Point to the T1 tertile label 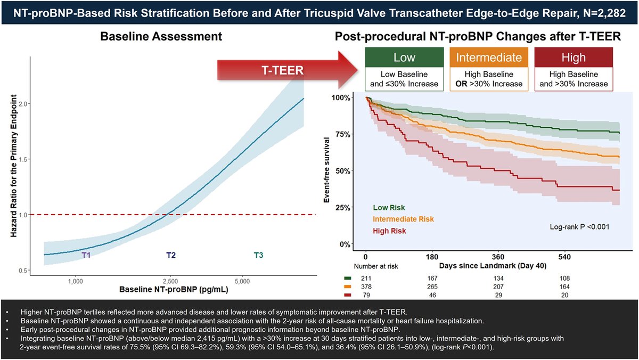click(87, 255)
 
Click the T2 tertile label click(170, 255)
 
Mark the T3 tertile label click(258, 255)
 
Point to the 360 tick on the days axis click(498, 257)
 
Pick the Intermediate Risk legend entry click(404, 219)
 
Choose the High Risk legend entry click(390, 231)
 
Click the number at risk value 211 click(366, 277)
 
